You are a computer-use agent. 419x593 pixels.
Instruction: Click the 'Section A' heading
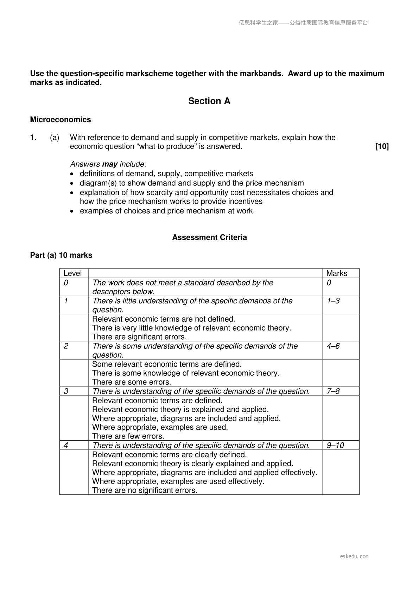[x=209, y=101]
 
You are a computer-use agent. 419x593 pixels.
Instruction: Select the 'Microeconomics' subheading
[x=61, y=120]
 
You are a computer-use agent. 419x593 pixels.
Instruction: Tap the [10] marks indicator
[x=382, y=146]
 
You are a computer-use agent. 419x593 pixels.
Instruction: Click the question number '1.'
[x=33, y=138]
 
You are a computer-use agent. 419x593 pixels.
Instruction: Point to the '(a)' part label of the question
[x=55, y=138]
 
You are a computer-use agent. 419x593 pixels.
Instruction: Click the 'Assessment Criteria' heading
[x=209, y=238]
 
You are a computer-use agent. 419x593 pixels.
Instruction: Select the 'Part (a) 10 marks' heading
[x=61, y=256]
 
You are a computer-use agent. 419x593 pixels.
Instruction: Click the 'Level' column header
[x=72, y=273]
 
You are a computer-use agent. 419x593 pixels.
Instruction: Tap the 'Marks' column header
[x=337, y=273]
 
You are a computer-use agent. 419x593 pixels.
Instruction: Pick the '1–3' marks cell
[x=333, y=301]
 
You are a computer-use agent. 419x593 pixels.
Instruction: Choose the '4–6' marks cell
[x=333, y=346]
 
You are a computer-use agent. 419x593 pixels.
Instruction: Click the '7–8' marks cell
[x=333, y=391]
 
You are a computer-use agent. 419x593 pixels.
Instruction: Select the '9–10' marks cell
[x=335, y=446]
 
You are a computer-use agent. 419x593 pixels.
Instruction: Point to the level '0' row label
[x=66, y=283]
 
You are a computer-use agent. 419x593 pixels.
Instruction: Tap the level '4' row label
[x=66, y=446]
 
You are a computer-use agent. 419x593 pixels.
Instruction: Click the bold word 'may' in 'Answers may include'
[x=109, y=164]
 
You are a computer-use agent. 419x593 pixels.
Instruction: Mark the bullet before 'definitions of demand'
[x=72, y=174]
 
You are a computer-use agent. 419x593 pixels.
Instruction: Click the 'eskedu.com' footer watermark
[x=354, y=556]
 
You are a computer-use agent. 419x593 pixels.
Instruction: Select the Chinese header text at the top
[x=303, y=23]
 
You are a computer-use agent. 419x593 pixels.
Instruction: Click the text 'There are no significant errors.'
[x=145, y=490]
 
